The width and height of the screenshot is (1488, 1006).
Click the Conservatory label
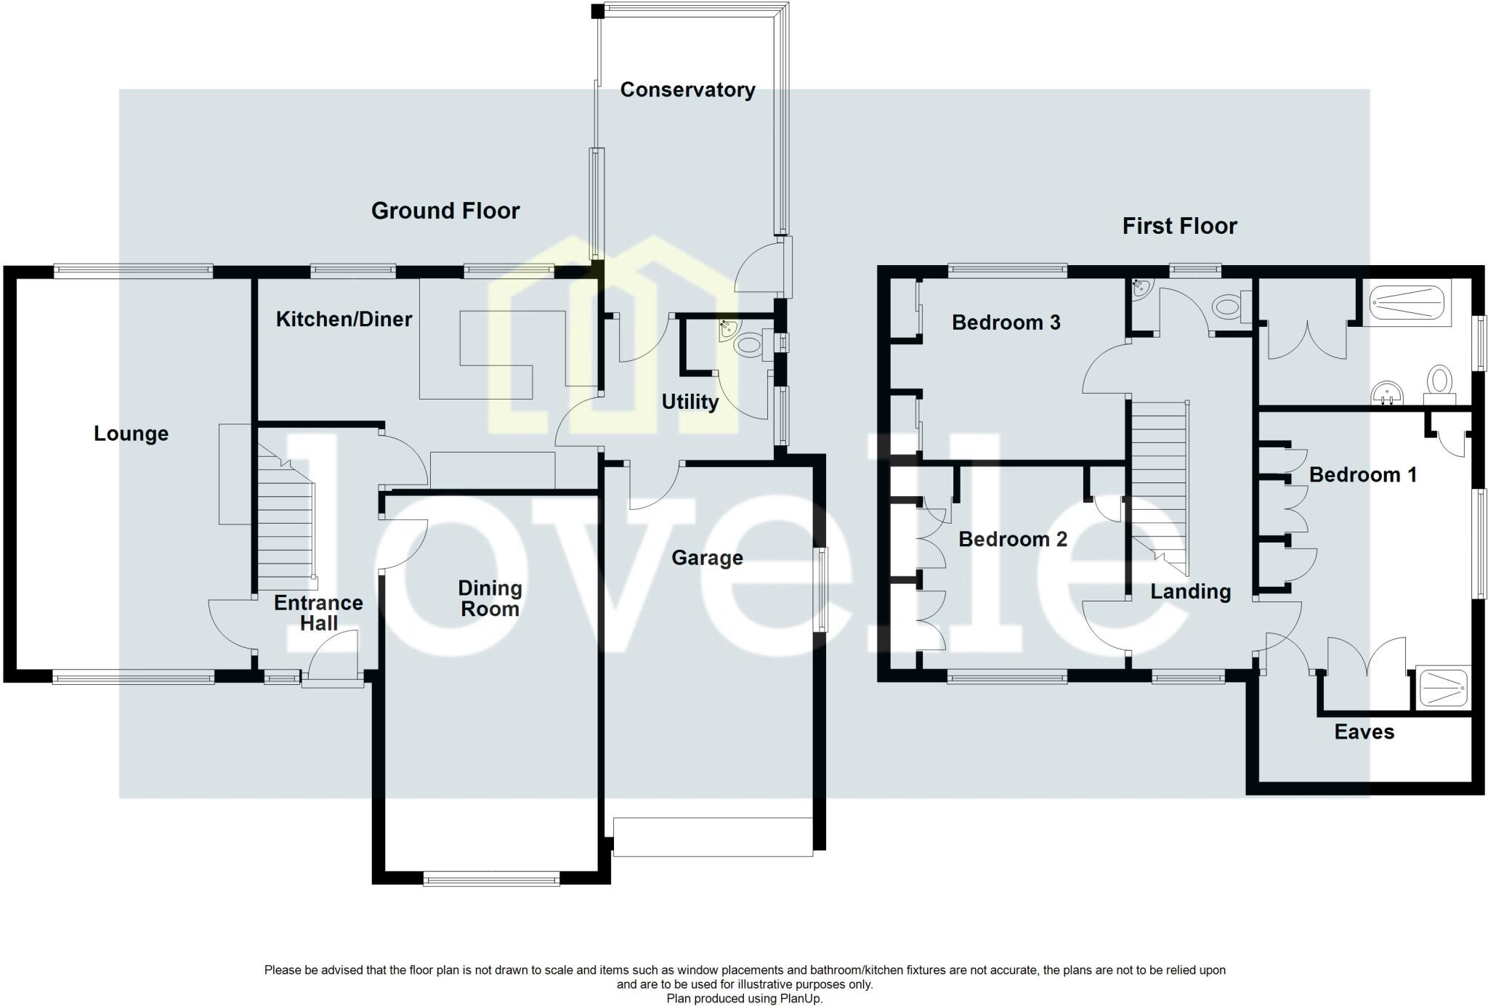(687, 90)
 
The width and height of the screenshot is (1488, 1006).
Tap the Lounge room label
(131, 434)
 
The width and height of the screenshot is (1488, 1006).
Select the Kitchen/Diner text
(344, 319)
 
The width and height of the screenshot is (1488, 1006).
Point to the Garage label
(707, 558)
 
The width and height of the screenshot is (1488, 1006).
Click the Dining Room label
(490, 599)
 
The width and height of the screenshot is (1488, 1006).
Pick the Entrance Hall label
(318, 613)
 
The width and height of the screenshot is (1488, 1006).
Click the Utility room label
(690, 402)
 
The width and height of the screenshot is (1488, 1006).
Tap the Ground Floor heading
(445, 211)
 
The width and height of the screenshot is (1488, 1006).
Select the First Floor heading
(1179, 226)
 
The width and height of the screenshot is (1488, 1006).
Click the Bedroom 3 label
(1006, 323)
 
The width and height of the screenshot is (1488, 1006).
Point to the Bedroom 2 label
(1012, 539)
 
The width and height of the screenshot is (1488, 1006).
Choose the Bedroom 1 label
(1362, 475)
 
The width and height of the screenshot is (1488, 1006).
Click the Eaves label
(1364, 731)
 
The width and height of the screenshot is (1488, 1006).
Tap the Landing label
(1190, 592)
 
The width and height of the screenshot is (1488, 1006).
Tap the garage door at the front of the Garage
(713, 837)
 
